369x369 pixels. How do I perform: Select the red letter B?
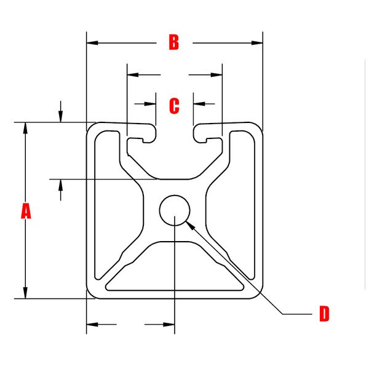pos(174,42)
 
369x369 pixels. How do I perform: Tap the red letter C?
pos(174,106)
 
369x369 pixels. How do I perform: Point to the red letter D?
pos(324,314)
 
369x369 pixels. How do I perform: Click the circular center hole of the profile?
pos(174,210)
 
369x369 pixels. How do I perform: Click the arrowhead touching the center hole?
pos(191,224)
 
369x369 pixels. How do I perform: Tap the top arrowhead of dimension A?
pos(25,127)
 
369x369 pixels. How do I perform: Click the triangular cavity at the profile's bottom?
pos(175,271)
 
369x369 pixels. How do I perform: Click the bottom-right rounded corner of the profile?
pos(256,292)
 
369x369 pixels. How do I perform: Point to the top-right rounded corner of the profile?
pos(256,129)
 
